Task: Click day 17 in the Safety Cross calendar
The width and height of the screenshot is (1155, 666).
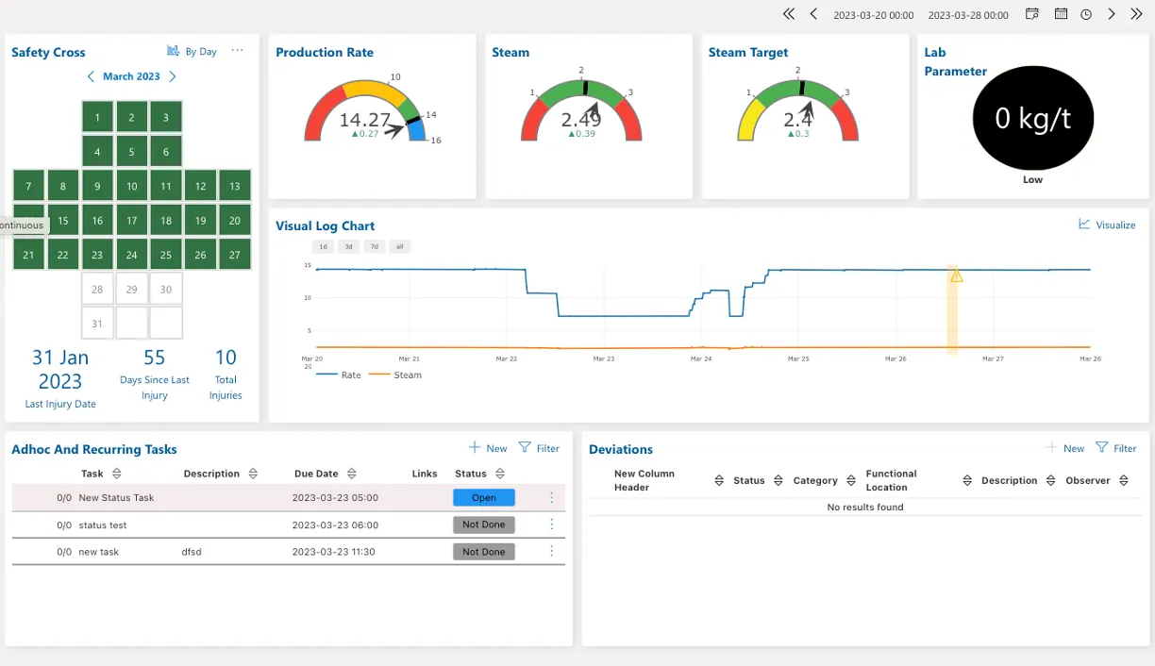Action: tap(131, 221)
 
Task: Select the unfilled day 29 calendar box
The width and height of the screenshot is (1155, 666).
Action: tap(131, 290)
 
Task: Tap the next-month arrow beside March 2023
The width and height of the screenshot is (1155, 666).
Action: tap(173, 76)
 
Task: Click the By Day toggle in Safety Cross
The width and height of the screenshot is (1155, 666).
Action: tap(192, 51)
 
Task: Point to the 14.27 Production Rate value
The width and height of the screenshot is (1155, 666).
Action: tap(364, 120)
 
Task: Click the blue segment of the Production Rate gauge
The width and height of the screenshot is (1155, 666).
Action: tap(418, 130)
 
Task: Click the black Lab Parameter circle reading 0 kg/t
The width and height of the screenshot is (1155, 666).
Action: tap(1032, 118)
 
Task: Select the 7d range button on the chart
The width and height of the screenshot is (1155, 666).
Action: tap(375, 246)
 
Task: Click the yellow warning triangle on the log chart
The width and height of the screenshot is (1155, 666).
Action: tap(957, 276)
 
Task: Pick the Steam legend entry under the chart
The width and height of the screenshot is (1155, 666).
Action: tap(395, 375)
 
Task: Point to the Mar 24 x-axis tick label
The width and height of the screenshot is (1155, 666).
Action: tap(701, 358)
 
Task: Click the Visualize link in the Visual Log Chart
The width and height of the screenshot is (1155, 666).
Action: tap(1107, 225)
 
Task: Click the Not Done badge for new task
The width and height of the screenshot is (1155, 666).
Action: tap(484, 552)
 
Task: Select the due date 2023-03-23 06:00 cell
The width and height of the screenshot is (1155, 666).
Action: tap(335, 524)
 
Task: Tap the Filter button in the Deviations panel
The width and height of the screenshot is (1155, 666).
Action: tap(1115, 448)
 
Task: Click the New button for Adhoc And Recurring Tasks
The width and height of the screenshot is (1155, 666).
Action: tap(488, 448)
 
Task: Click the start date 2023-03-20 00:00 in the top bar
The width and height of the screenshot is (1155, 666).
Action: tap(874, 15)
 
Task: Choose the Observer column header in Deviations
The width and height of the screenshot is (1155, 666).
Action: tap(1087, 480)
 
